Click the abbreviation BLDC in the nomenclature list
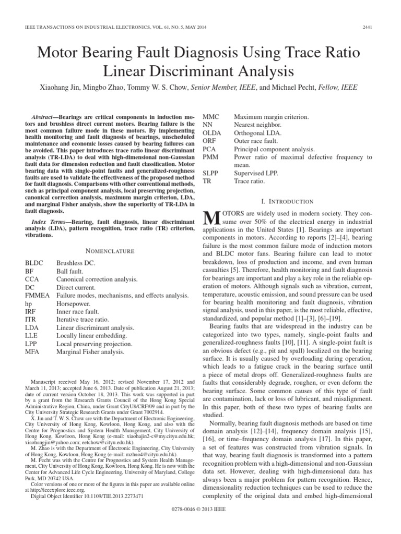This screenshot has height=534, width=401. (34, 263)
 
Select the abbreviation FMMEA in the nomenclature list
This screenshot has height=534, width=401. (36, 295)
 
